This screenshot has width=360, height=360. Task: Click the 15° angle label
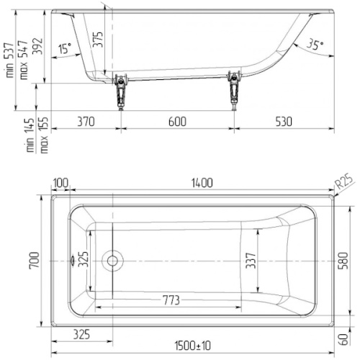pyautogui.click(x=66, y=48)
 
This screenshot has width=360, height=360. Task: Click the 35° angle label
pyautogui.click(x=315, y=44)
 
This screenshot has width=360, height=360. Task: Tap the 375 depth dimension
pyautogui.click(x=98, y=40)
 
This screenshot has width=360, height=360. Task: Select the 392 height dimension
pyautogui.click(x=37, y=46)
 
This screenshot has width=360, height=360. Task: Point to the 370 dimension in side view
pyautogui.click(x=86, y=122)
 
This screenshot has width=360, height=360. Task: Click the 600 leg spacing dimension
pyautogui.click(x=177, y=122)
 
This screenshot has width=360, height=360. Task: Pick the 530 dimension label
pyautogui.click(x=284, y=122)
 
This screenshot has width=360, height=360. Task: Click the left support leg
pyautogui.click(x=120, y=91)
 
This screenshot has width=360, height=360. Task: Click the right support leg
pyautogui.click(x=235, y=91)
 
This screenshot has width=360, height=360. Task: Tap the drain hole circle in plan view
pyautogui.click(x=112, y=261)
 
